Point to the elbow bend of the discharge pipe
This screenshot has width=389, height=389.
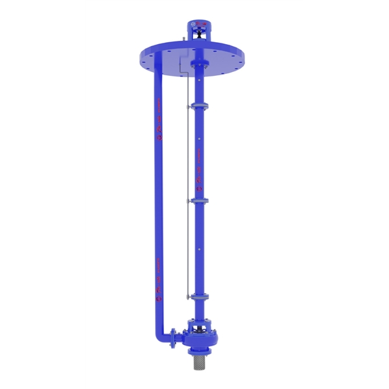tap(159, 333)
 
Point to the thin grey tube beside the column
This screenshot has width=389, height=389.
tap(187, 194)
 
